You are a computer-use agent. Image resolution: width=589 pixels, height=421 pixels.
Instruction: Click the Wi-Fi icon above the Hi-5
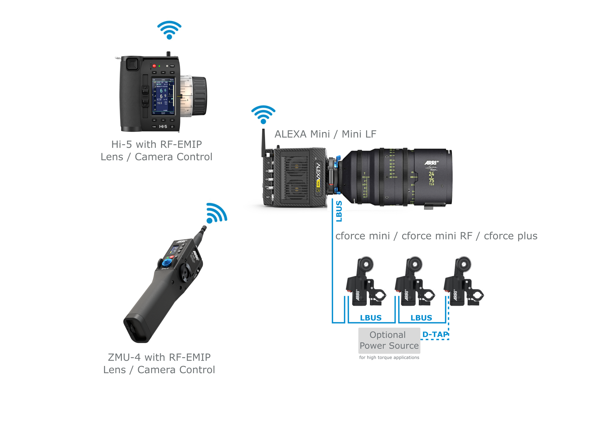(169, 30)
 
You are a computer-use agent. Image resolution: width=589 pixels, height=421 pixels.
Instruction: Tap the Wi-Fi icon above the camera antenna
(263, 114)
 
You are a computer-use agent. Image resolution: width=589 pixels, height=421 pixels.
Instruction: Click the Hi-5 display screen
(163, 96)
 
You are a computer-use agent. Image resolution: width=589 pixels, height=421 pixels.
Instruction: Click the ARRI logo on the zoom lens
(431, 163)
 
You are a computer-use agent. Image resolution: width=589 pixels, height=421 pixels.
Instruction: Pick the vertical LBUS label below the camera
(339, 211)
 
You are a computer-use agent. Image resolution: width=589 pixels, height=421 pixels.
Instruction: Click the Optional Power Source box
(389, 340)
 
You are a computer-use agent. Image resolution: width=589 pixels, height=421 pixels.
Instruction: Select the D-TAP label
(435, 334)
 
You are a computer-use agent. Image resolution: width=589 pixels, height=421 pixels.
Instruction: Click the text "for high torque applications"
(389, 357)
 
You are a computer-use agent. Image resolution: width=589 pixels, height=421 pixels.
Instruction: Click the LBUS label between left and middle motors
(371, 318)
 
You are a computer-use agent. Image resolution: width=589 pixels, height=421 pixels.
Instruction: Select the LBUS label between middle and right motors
(421, 318)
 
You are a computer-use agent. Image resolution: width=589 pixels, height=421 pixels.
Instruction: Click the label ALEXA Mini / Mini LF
(325, 134)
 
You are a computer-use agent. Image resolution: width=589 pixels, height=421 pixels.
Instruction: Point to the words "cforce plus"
(511, 236)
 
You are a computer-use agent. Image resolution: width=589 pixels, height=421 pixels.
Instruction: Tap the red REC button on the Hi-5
(154, 66)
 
